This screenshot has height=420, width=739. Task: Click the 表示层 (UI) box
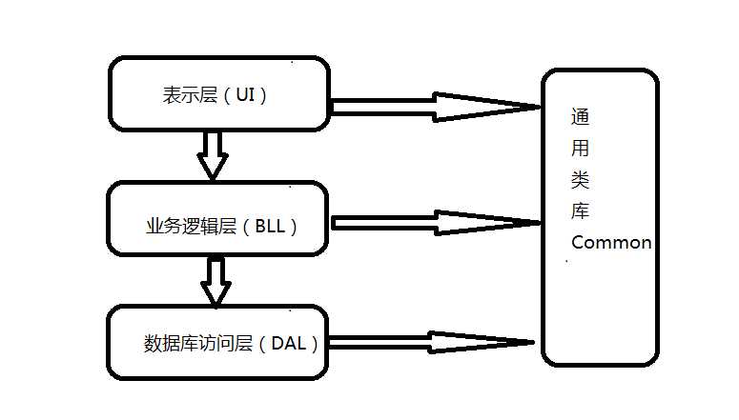tap(218, 93)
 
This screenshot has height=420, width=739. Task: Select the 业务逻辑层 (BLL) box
tap(218, 218)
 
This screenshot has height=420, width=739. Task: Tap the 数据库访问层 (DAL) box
tap(218, 342)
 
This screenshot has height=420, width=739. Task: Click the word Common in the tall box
tap(611, 242)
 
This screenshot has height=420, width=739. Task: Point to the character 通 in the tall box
tap(580, 118)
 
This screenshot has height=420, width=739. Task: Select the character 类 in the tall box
tap(580, 180)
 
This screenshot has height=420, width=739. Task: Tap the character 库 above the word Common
tap(580, 210)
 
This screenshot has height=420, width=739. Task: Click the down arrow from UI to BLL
tap(212, 154)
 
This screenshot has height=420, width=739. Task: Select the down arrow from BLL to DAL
tap(216, 281)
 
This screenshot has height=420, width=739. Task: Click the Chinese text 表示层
tap(190, 95)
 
